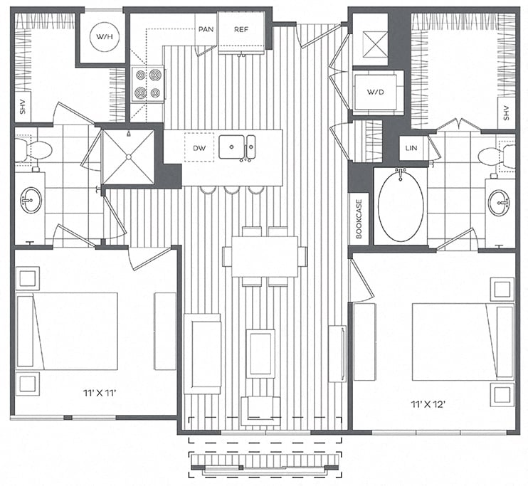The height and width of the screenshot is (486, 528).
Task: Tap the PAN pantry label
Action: coord(206,29)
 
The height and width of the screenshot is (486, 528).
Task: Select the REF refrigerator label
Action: coord(241,29)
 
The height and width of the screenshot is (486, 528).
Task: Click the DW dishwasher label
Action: coord(199,148)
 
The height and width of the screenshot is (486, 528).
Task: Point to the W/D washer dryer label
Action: coord(376,92)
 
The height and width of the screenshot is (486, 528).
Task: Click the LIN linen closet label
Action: coord(411,148)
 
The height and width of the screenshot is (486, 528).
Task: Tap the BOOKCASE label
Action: coord(359,219)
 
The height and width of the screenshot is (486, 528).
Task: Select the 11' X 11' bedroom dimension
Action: coord(100,393)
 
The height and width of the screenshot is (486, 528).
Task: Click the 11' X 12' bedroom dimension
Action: coord(428,404)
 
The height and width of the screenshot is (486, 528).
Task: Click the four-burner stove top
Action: coord(148,83)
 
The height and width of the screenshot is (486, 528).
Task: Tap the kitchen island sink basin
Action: coord(231,147)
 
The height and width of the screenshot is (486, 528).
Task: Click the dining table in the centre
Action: coord(265,257)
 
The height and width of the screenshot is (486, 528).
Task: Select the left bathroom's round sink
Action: coord(31,200)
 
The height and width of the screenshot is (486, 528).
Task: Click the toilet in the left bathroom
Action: coord(33,149)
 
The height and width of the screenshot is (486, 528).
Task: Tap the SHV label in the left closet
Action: coord(23,107)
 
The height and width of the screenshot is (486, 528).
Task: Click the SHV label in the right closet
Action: coord(506,113)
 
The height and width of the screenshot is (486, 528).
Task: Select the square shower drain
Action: coord(128,157)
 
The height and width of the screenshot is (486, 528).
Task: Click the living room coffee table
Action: coord(260,354)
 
